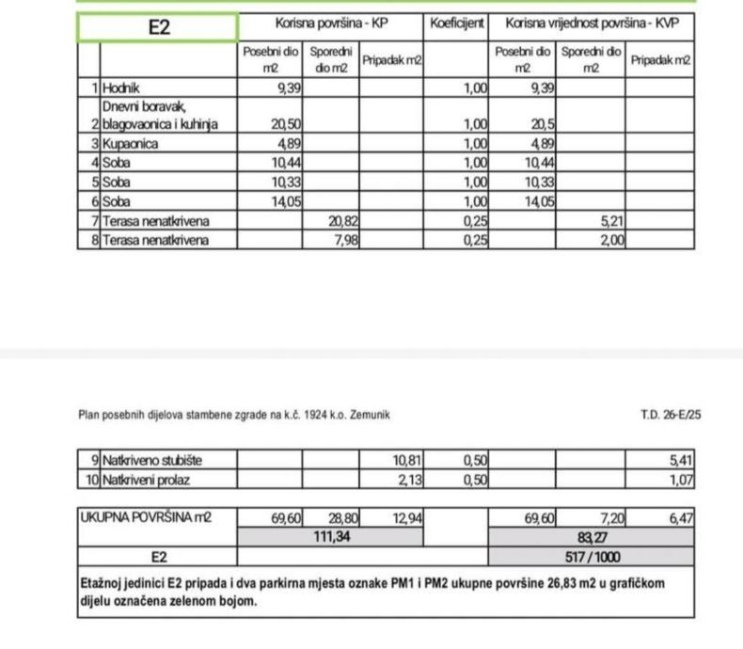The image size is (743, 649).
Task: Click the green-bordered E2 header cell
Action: [x=158, y=27]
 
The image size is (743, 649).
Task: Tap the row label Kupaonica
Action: [x=131, y=145]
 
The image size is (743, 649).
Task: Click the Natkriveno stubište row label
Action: [x=152, y=461]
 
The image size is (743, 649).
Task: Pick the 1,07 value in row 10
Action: [x=681, y=480]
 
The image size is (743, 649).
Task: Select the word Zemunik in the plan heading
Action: [x=368, y=414]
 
